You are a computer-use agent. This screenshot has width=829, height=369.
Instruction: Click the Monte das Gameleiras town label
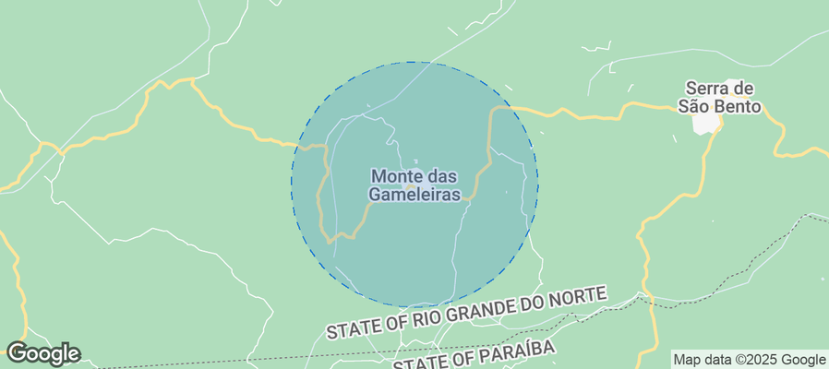click(x=414, y=184)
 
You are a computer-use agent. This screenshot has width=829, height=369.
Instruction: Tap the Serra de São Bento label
click(x=720, y=97)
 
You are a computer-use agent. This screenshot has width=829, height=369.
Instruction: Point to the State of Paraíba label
click(x=475, y=355)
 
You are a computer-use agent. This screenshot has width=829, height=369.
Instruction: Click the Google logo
click(x=42, y=352)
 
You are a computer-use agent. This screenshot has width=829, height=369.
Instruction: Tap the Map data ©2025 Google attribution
click(x=749, y=360)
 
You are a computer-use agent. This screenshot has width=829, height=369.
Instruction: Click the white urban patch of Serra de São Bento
click(x=708, y=123)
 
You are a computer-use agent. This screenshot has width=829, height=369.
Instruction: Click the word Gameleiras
click(x=414, y=195)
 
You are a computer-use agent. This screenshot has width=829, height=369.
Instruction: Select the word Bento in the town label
click(x=741, y=106)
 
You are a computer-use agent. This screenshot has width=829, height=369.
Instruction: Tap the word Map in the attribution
click(x=687, y=360)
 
